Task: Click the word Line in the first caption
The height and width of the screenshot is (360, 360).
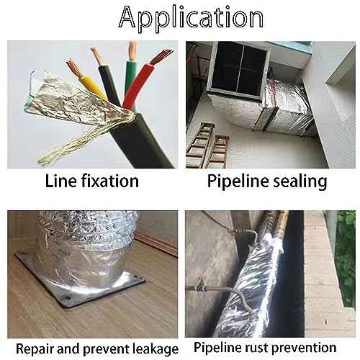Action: [59, 181]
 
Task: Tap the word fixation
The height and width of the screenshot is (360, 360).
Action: [110, 181]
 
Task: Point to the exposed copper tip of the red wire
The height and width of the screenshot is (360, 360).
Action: [161, 57]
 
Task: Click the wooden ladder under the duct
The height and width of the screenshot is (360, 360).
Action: [207, 146]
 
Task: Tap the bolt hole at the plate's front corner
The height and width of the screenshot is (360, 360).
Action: [68, 298]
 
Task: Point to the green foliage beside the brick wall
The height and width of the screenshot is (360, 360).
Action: [346, 257]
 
